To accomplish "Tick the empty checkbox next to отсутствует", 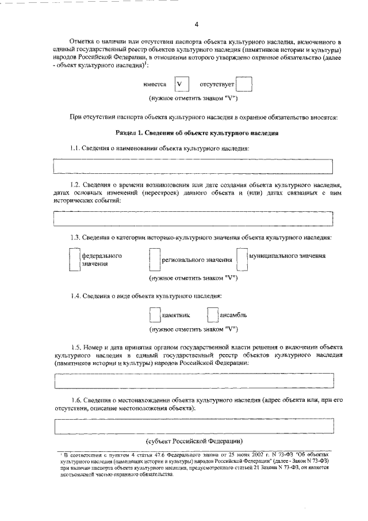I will [244, 84].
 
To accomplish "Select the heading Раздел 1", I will [197, 133].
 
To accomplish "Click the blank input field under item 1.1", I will [193, 166].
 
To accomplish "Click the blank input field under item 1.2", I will [193, 219].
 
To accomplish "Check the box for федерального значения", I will [74, 259].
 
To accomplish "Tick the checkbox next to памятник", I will [154, 315].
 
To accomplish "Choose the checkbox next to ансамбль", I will [212, 315].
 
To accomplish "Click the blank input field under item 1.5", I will [193, 381].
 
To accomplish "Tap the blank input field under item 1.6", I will [193, 426].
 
